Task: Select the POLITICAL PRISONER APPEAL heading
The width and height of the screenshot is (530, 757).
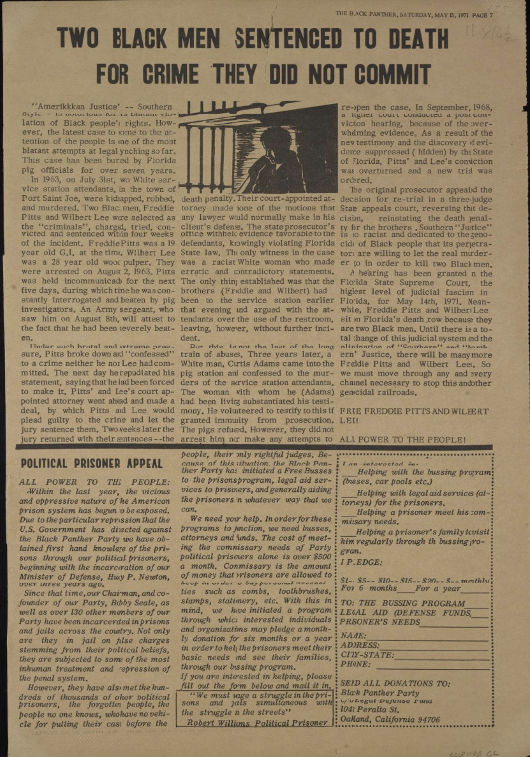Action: (87, 464)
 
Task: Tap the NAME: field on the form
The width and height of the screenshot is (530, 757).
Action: (415, 636)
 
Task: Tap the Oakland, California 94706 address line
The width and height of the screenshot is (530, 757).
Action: (390, 720)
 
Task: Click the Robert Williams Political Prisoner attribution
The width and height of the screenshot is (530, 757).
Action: (255, 723)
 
